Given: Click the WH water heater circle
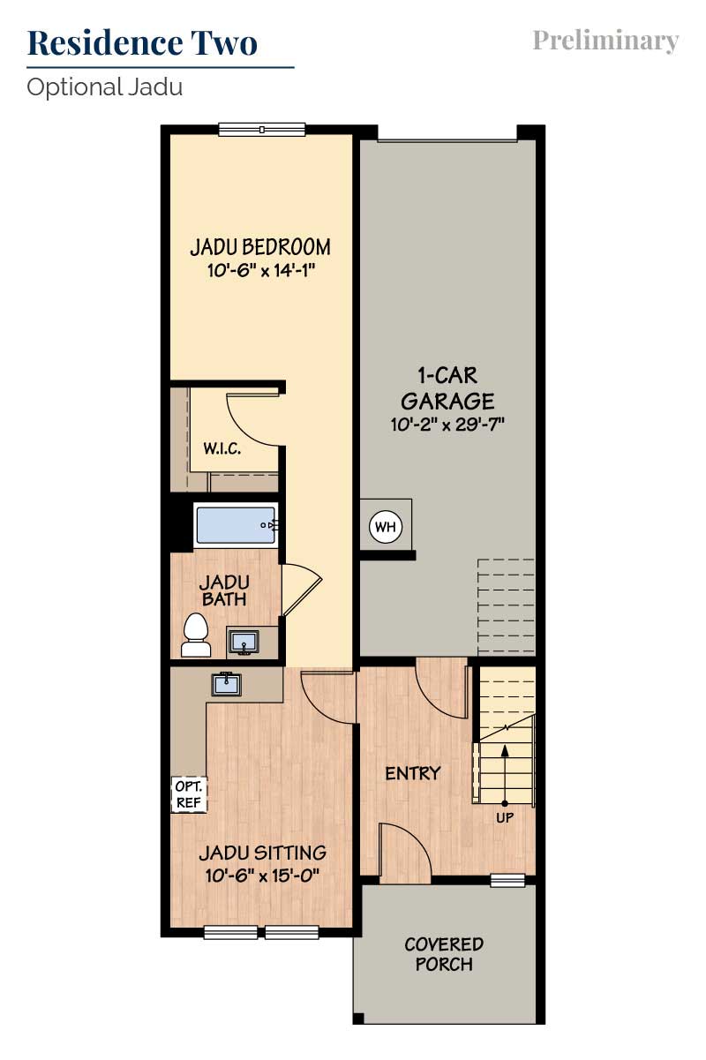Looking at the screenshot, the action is click(x=386, y=526).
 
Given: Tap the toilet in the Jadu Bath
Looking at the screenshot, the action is click(x=196, y=635).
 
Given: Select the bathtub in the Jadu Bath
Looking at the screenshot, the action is click(x=236, y=525).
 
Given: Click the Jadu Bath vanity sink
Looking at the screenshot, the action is click(x=244, y=643).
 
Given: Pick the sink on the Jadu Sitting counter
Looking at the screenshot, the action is click(x=226, y=684).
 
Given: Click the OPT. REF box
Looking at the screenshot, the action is click(x=189, y=794).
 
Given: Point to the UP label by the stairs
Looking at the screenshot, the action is click(x=505, y=817).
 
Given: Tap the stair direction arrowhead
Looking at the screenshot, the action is click(x=505, y=750).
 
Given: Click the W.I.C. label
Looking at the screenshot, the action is click(x=222, y=448).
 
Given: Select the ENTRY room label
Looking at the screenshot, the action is click(x=413, y=773).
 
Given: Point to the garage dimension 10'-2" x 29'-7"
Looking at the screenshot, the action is click(x=447, y=425).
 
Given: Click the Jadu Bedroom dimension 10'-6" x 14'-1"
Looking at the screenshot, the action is click(x=261, y=271).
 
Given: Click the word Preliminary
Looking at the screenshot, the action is click(x=605, y=41).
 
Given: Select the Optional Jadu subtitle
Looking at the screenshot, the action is click(x=104, y=87).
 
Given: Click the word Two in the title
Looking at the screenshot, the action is click(x=224, y=43).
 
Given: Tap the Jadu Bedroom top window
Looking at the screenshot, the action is click(x=262, y=129).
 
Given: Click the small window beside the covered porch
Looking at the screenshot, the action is click(x=507, y=880).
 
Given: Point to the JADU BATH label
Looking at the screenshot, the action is click(x=224, y=590).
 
